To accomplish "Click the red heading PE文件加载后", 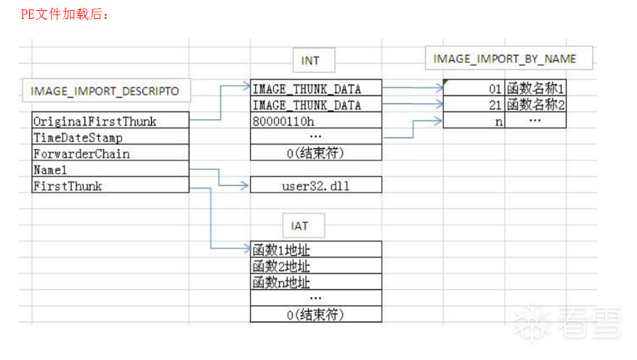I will click(x=64, y=14).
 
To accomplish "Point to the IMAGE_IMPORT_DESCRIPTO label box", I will click(x=105, y=92).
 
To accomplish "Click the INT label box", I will click(x=310, y=61).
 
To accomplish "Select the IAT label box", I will click(x=300, y=226).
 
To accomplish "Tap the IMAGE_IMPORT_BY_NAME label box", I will click(x=504, y=59).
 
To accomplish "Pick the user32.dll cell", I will click(x=316, y=186).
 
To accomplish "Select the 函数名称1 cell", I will click(x=535, y=89).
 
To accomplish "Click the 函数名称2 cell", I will click(x=535, y=105).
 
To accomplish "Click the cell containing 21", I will click(x=474, y=105).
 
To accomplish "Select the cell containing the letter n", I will click(x=474, y=121).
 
